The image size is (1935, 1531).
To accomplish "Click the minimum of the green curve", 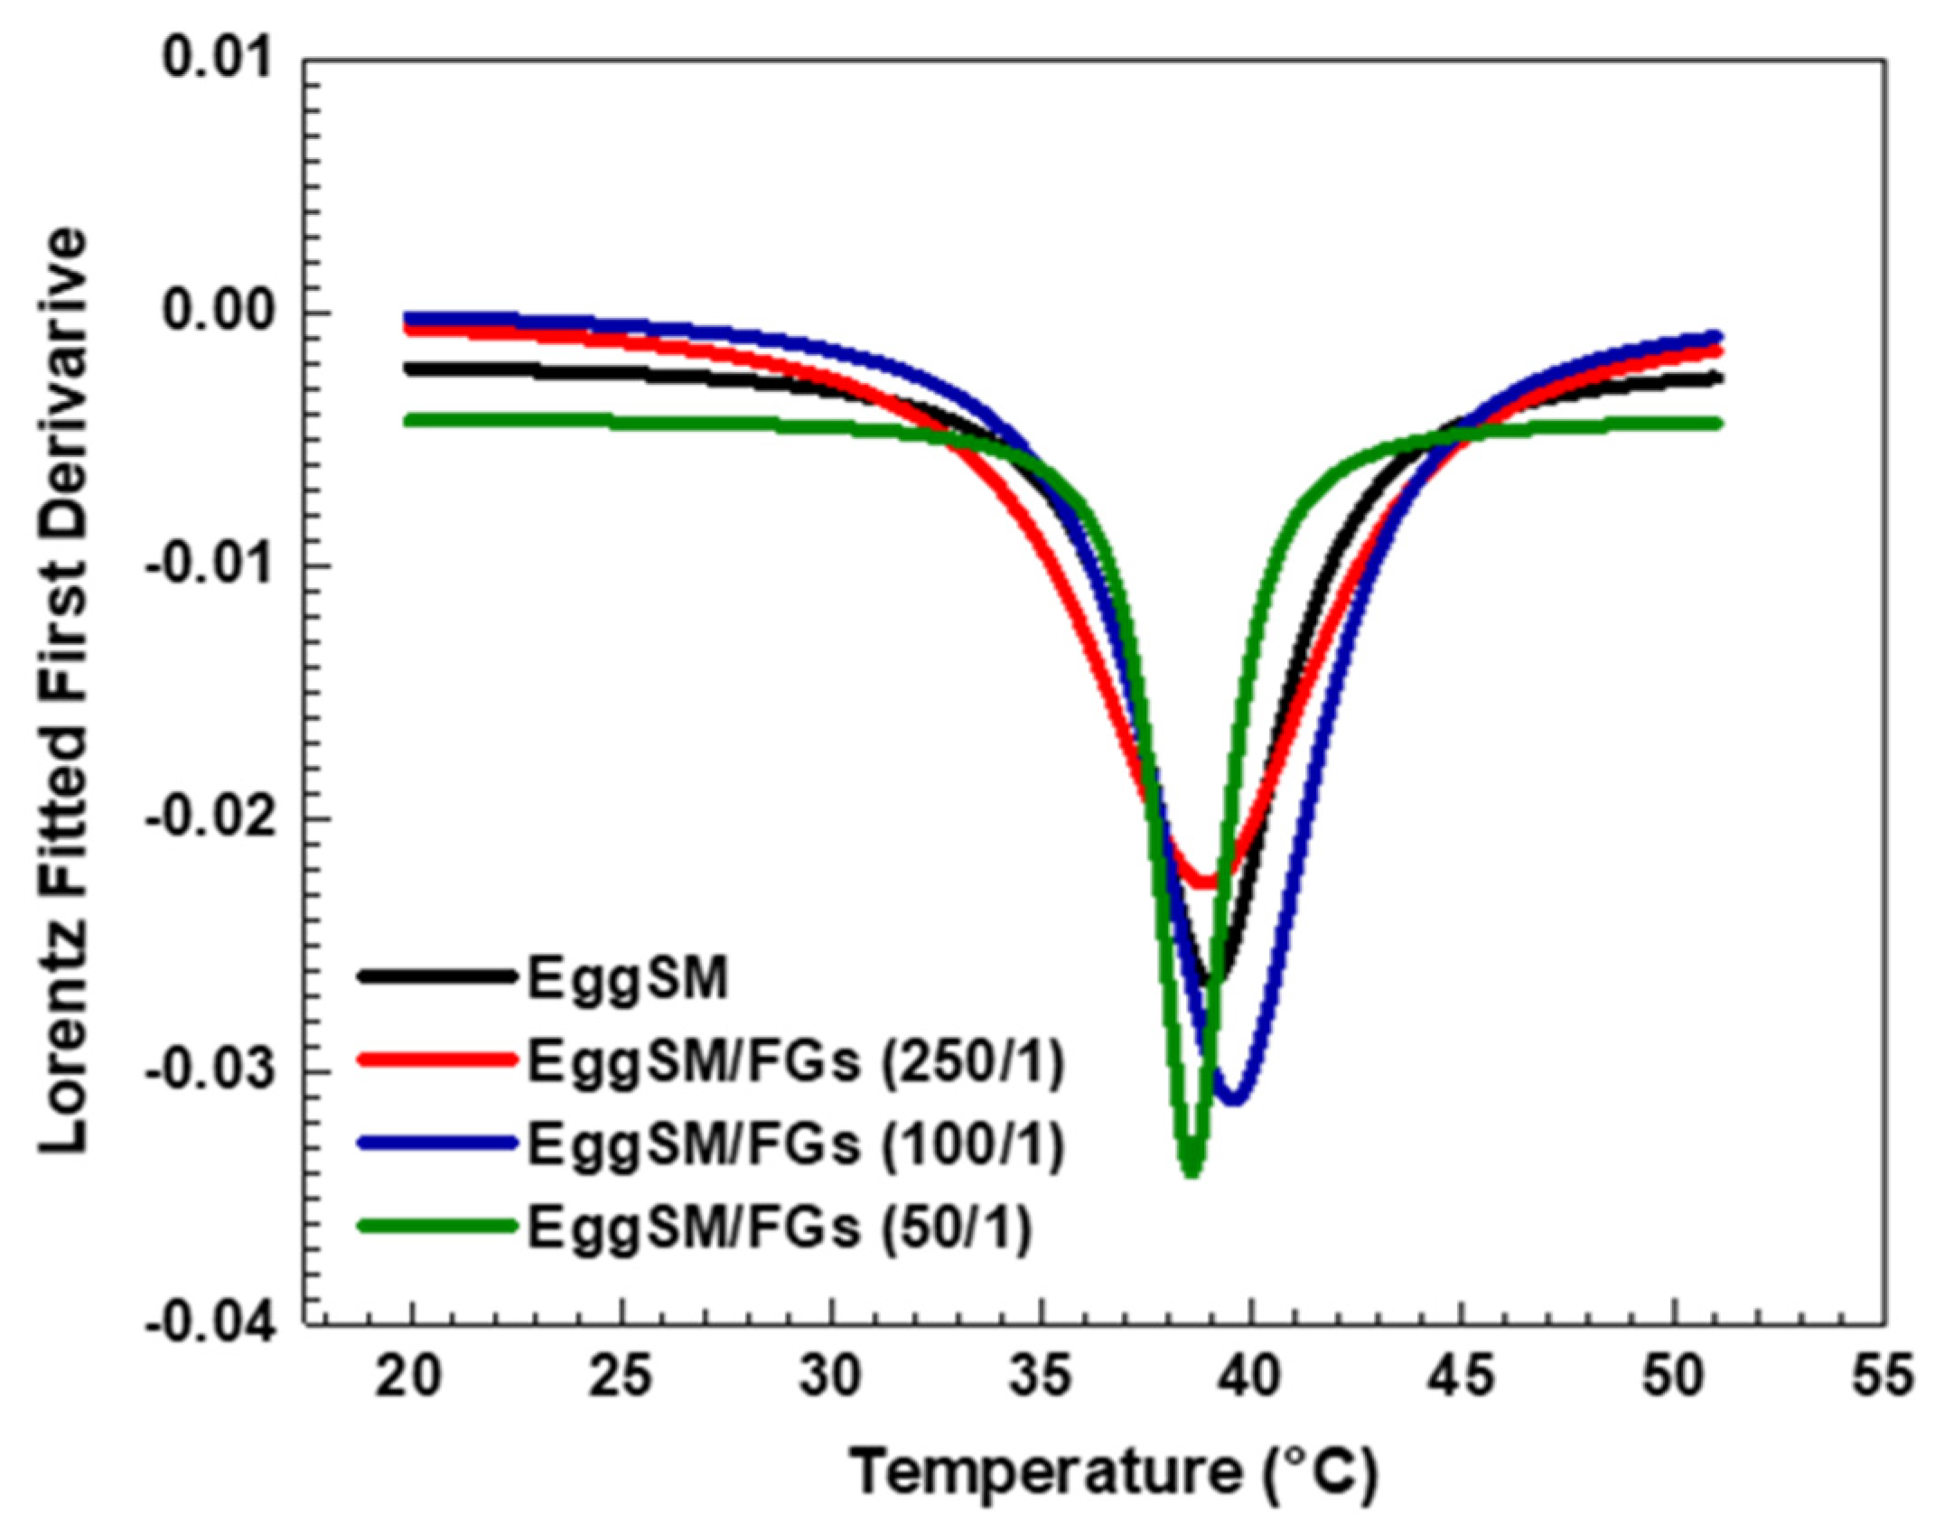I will pyautogui.click(x=1192, y=1171).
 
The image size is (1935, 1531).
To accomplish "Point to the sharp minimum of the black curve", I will pyautogui.click(x=1213, y=981).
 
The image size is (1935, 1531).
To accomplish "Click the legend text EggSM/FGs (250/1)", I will pyautogui.click(x=796, y=1061).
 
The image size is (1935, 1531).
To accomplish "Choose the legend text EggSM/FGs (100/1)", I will pyautogui.click(x=796, y=1144).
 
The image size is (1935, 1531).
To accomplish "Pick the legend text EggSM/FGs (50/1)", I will pyautogui.click(x=779, y=1228).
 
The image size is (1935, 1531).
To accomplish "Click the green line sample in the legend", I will pyautogui.click(x=437, y=1226).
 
